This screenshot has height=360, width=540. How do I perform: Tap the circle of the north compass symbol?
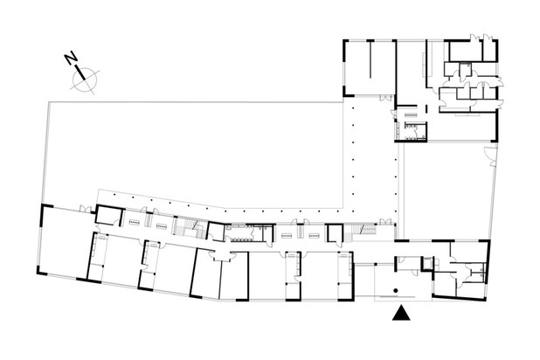click(86, 80)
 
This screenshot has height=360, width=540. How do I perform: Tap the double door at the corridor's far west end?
click(84, 208)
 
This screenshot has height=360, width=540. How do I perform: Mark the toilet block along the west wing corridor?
click(239, 232)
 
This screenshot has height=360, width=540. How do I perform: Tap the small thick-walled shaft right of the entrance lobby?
click(427, 263)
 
